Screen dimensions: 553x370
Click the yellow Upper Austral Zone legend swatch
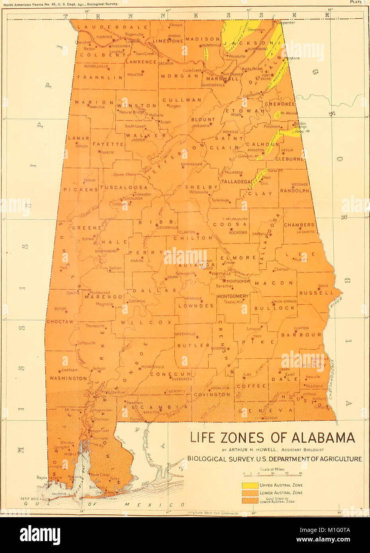[x=250, y=485]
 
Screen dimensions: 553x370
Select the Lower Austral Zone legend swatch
[x=250, y=493]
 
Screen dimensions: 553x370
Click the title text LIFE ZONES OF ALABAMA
[x=272, y=438]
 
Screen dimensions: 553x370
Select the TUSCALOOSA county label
[x=124, y=187]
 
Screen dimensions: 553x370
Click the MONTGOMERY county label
[x=233, y=296]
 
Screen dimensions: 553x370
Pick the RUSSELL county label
[x=317, y=293]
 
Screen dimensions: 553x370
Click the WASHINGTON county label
[x=68, y=378]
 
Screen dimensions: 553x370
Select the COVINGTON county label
[x=212, y=395]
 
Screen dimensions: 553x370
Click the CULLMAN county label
[x=182, y=100]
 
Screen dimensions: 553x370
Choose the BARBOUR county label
[x=301, y=335]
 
